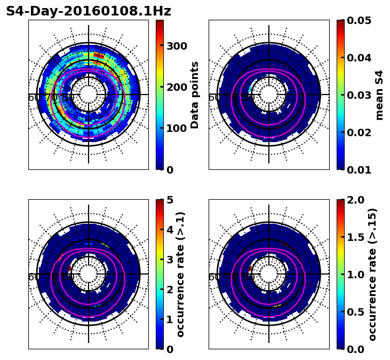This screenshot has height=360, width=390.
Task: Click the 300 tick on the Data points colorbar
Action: [x=177, y=46]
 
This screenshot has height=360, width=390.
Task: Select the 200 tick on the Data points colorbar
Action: [x=177, y=87]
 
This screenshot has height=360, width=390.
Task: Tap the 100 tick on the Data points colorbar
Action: [x=177, y=128]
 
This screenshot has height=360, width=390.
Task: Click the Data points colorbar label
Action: [x=195, y=95]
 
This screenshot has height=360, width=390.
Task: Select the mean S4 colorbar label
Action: [x=379, y=95]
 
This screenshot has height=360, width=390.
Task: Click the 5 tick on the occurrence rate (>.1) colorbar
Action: [x=170, y=200]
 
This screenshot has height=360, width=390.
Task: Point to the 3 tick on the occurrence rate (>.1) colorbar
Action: [x=170, y=260]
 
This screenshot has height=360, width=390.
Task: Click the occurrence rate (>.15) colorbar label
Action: [x=372, y=274]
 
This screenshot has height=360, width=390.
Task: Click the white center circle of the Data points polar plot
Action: [x=89, y=95]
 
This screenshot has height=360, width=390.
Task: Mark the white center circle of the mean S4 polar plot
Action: [x=269, y=95]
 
